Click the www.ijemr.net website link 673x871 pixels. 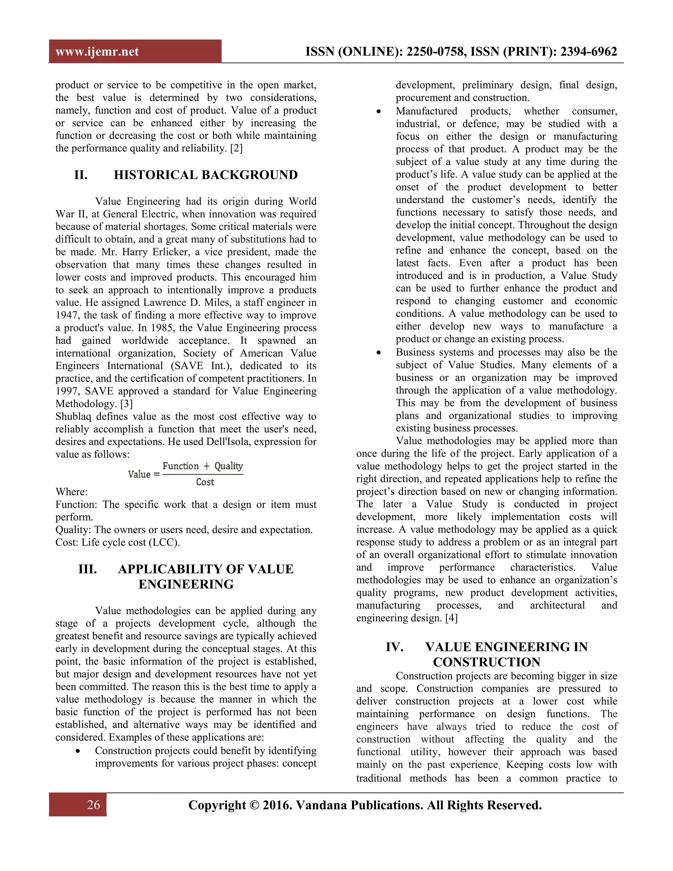[97, 52]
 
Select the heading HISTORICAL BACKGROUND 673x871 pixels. [205, 175]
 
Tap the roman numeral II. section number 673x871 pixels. [81, 175]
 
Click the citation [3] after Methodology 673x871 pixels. [127, 404]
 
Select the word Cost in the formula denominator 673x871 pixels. [205, 482]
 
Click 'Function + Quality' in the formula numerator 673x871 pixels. [202, 466]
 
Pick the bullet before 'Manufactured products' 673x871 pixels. [379, 112]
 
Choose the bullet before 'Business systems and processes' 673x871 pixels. [379, 353]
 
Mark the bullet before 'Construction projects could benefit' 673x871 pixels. [78, 751]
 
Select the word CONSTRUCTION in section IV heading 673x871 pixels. [486, 662]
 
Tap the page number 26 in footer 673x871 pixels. [93, 805]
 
